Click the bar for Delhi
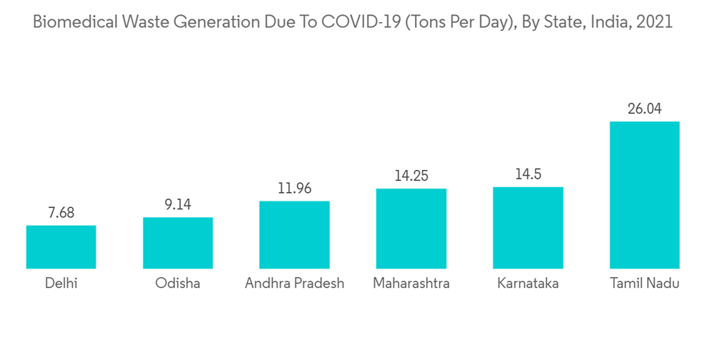(x=61, y=247)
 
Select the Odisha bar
(x=178, y=243)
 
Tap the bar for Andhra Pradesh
(x=294, y=235)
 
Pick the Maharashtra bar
(x=411, y=229)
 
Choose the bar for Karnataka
(x=528, y=228)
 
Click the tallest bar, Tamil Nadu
(x=644, y=195)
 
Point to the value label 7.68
(x=61, y=213)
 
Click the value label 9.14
(x=178, y=205)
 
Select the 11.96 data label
(x=294, y=189)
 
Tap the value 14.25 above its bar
(x=411, y=176)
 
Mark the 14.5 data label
(x=528, y=175)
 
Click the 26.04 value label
(x=644, y=109)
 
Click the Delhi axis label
(x=61, y=284)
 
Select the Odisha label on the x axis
(x=178, y=284)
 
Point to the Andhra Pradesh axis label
(x=294, y=284)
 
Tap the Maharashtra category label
(x=411, y=284)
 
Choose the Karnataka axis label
(x=528, y=284)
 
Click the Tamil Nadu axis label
(x=644, y=284)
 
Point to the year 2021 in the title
(x=653, y=22)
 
